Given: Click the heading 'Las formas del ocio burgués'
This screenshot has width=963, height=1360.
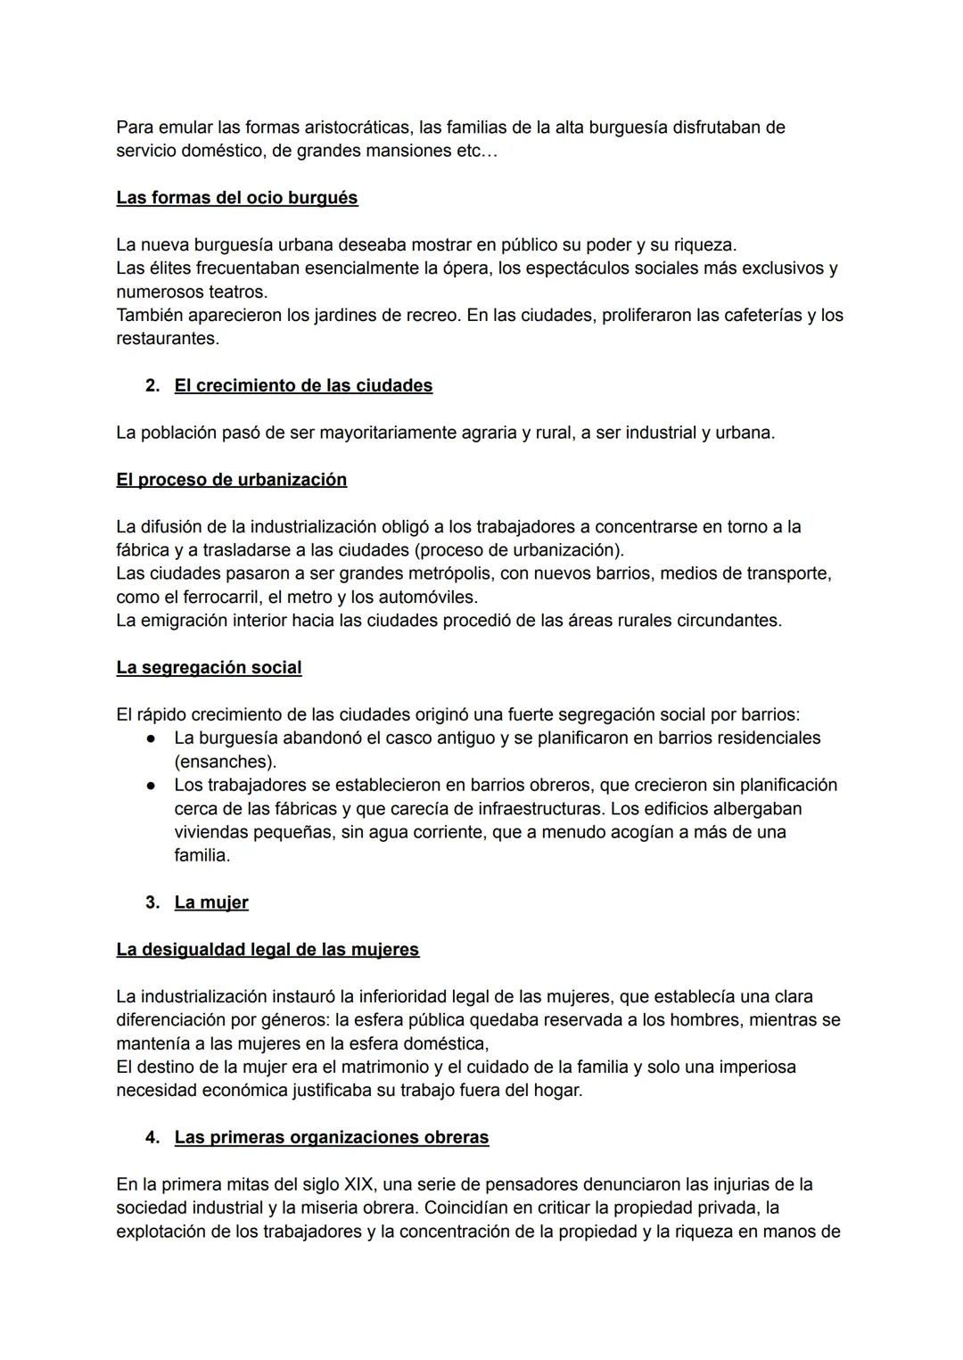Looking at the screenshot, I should (x=236, y=198).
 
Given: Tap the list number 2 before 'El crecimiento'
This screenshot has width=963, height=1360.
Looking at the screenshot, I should (x=152, y=386).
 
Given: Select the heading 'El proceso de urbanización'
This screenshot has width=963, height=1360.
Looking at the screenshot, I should (x=231, y=480).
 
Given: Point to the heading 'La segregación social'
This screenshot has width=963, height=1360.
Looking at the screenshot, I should (x=209, y=668).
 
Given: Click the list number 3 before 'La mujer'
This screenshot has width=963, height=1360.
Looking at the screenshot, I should (x=152, y=903).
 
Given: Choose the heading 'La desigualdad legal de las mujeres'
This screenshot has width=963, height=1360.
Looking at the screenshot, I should (x=267, y=950).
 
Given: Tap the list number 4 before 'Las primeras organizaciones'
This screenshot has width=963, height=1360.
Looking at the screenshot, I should (x=152, y=1138).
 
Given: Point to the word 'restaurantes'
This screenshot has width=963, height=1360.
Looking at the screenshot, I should (x=167, y=339).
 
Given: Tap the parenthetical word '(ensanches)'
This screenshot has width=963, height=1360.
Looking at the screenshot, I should (x=225, y=762).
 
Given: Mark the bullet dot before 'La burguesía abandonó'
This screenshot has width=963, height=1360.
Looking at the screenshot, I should (x=152, y=738).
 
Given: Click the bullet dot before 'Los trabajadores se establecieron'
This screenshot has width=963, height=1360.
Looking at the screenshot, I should (x=152, y=786).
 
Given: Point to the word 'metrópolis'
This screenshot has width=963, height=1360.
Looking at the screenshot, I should (x=443, y=573).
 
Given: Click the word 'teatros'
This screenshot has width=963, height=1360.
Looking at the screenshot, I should (x=237, y=292).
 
